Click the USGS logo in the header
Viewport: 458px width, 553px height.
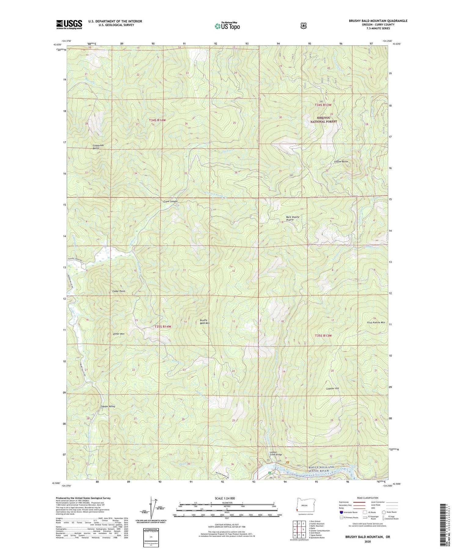69,24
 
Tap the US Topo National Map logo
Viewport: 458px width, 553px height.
227,26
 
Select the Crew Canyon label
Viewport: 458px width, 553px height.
170,201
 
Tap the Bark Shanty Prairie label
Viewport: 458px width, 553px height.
293,218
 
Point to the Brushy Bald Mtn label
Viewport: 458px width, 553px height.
205,321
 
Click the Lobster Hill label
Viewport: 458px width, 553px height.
333,388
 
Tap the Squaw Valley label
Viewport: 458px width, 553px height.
108,407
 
